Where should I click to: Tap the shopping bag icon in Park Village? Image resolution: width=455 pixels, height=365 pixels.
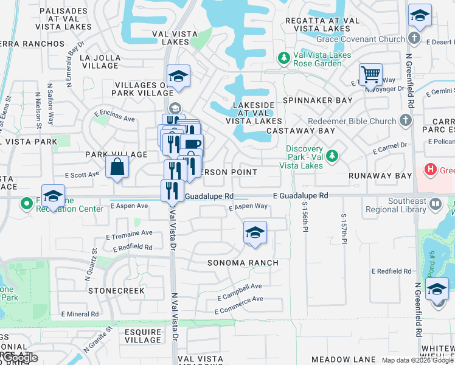tap(117, 167)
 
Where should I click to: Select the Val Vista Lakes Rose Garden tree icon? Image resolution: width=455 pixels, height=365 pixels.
tap(283, 58)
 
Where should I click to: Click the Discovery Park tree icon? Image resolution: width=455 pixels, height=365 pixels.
tap(332, 155)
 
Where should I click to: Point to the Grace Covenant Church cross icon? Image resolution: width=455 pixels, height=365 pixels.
tap(414, 39)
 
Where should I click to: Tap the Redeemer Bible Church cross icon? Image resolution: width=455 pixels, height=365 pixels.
tap(406, 121)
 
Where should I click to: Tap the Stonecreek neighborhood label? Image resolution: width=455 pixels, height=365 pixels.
tap(116, 291)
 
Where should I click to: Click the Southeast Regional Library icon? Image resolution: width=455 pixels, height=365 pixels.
tap(436, 205)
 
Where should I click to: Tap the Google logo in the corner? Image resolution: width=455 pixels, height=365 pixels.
tap(19, 358)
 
